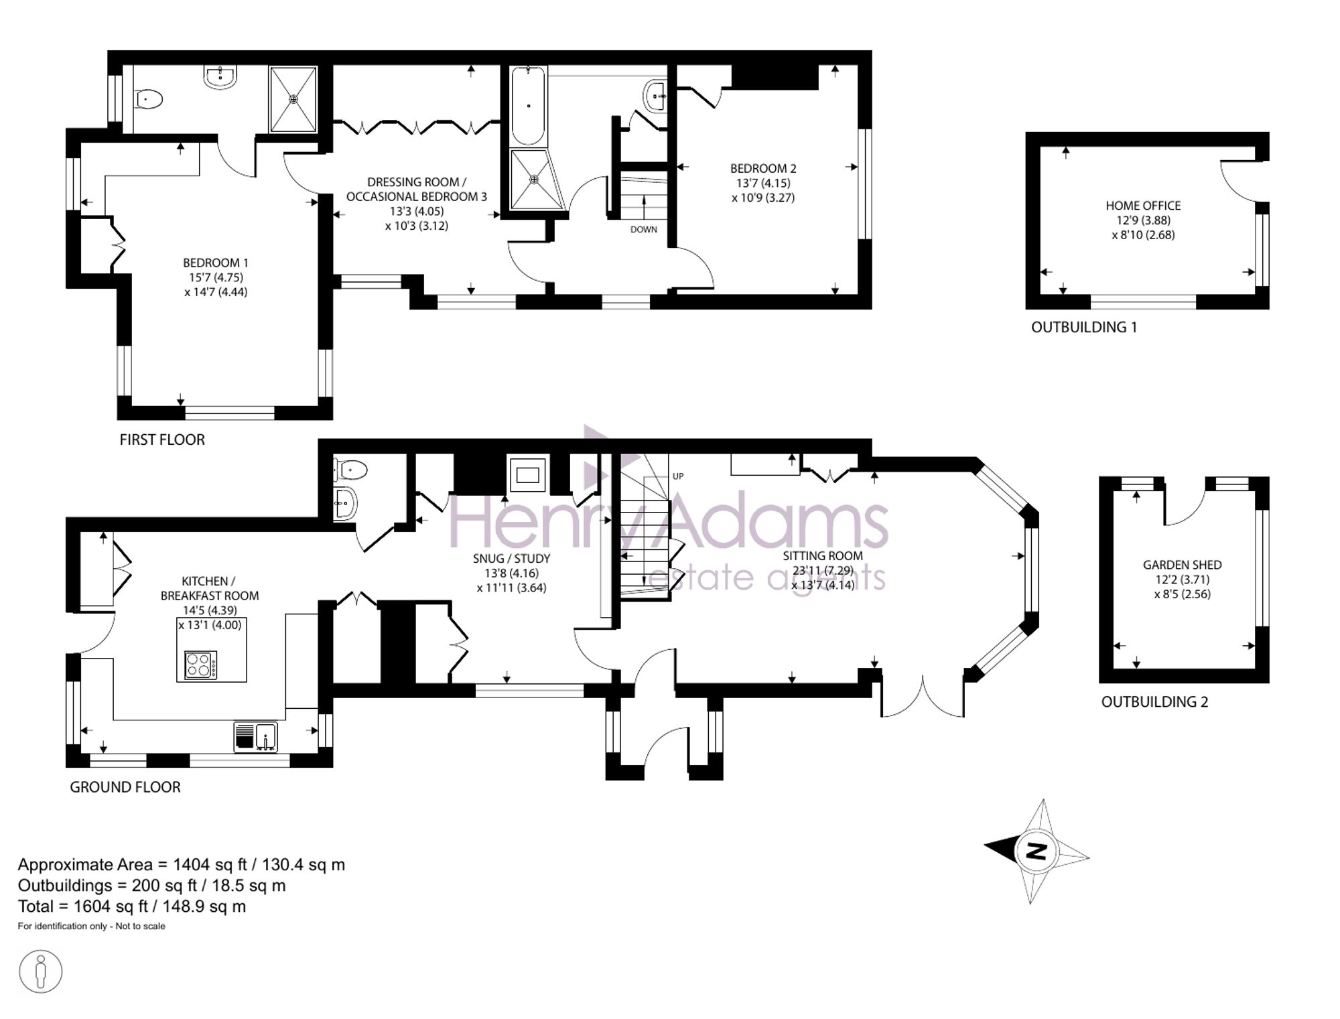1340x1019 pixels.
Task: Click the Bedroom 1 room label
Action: (216, 263)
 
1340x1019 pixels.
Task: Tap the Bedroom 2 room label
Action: (763, 168)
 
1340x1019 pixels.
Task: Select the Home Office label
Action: (1143, 206)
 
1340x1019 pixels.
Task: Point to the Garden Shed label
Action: (1183, 565)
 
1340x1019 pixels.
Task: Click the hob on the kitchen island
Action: (201, 665)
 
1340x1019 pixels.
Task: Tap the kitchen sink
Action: (256, 736)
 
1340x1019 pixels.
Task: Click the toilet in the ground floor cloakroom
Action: (350, 470)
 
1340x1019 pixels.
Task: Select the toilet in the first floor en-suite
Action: (148, 100)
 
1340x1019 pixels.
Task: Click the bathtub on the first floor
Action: (529, 106)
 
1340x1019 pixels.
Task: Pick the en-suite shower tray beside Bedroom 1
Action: (293, 99)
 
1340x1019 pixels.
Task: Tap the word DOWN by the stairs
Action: (644, 229)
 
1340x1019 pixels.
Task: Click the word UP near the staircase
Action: (678, 476)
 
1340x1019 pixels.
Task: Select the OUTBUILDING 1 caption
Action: (1084, 327)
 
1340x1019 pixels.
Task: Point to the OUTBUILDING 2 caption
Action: (1155, 701)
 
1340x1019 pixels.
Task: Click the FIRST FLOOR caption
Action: (162, 439)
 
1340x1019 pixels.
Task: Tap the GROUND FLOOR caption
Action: (125, 787)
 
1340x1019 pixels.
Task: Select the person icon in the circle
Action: (41, 971)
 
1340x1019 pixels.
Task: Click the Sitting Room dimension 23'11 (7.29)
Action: (823, 570)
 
